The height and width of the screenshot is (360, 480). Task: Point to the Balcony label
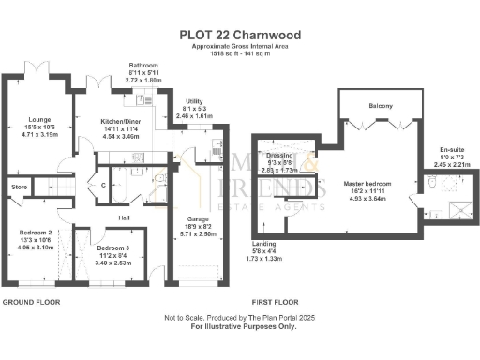pyautogui.click(x=381, y=106)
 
